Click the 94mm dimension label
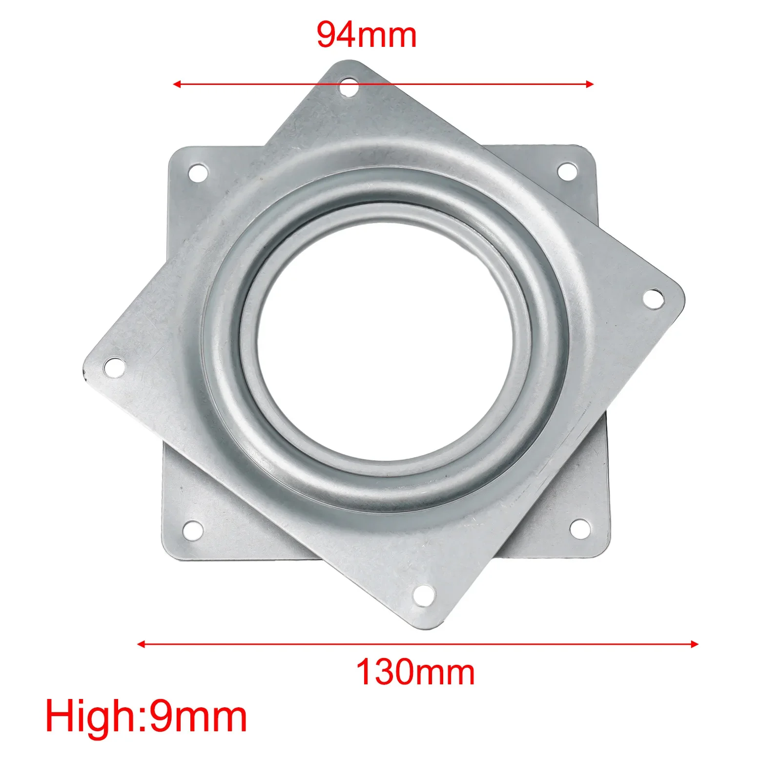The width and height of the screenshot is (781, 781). click(x=367, y=35)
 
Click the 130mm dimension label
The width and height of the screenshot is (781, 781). click(x=415, y=673)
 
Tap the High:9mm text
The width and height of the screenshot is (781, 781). click(x=146, y=717)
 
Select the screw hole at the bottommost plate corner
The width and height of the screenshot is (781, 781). click(x=424, y=596)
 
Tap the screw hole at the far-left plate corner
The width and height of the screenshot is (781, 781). click(x=114, y=367)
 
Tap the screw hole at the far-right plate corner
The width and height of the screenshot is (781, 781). click(x=653, y=298)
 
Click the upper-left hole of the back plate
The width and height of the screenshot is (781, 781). click(x=198, y=173)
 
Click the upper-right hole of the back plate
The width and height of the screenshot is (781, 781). click(x=567, y=171)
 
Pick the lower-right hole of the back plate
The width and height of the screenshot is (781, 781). click(x=579, y=529)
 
